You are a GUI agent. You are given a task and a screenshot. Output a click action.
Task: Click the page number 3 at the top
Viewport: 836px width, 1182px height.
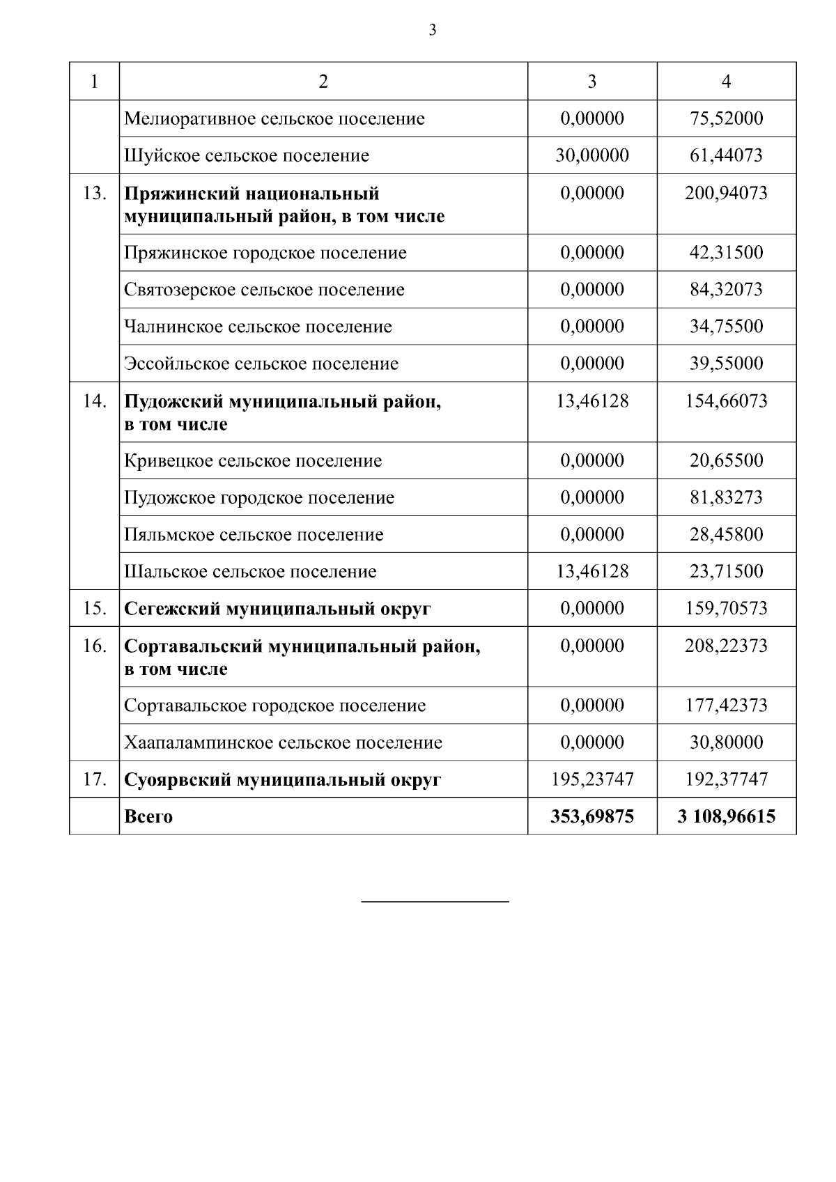click(433, 30)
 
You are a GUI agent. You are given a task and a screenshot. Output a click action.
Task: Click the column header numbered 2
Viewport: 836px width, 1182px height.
click(323, 81)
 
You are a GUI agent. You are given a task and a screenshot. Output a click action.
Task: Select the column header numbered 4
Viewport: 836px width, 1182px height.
click(726, 81)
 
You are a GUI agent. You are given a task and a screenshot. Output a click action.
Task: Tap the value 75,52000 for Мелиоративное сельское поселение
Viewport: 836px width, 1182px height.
click(726, 118)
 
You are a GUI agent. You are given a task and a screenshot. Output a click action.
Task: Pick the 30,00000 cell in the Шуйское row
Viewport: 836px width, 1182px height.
click(591, 155)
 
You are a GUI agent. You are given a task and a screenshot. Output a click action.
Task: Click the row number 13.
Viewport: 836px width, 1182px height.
click(94, 193)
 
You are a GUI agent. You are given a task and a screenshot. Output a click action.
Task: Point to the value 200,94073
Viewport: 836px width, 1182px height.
click(726, 193)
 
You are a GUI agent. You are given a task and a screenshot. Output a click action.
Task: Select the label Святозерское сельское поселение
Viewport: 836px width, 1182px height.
click(264, 290)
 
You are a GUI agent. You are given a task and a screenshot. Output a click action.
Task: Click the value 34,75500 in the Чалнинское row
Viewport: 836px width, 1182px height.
click(726, 327)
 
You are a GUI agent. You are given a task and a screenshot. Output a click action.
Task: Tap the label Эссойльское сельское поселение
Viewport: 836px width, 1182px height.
click(261, 364)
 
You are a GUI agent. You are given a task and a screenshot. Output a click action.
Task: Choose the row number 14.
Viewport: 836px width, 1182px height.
click(94, 401)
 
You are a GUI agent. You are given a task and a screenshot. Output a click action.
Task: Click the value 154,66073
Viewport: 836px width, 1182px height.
click(726, 401)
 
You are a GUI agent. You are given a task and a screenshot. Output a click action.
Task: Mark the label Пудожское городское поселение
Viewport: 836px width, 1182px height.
click(259, 498)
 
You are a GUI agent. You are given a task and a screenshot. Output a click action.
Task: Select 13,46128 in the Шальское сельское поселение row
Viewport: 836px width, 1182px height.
click(591, 572)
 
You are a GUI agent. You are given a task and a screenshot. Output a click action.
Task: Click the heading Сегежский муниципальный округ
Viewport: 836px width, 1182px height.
click(277, 609)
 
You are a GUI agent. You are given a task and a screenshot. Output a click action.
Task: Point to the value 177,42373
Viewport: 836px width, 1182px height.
click(726, 706)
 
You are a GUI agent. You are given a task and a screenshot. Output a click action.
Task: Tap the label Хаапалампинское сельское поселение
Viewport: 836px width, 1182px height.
click(283, 742)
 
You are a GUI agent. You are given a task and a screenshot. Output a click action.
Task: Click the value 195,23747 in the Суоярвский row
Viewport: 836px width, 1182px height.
click(591, 779)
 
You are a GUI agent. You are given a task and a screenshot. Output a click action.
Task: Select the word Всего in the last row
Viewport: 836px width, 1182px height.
click(148, 816)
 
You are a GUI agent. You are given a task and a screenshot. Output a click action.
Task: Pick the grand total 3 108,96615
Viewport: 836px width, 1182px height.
click(726, 816)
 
